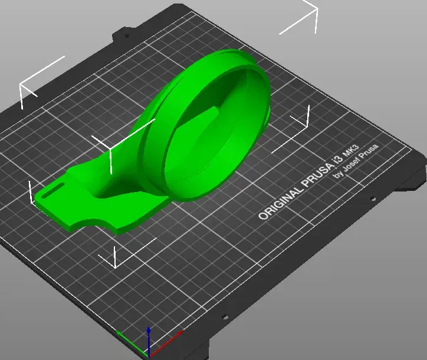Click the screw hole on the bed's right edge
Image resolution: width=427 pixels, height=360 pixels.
tap(370, 199)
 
